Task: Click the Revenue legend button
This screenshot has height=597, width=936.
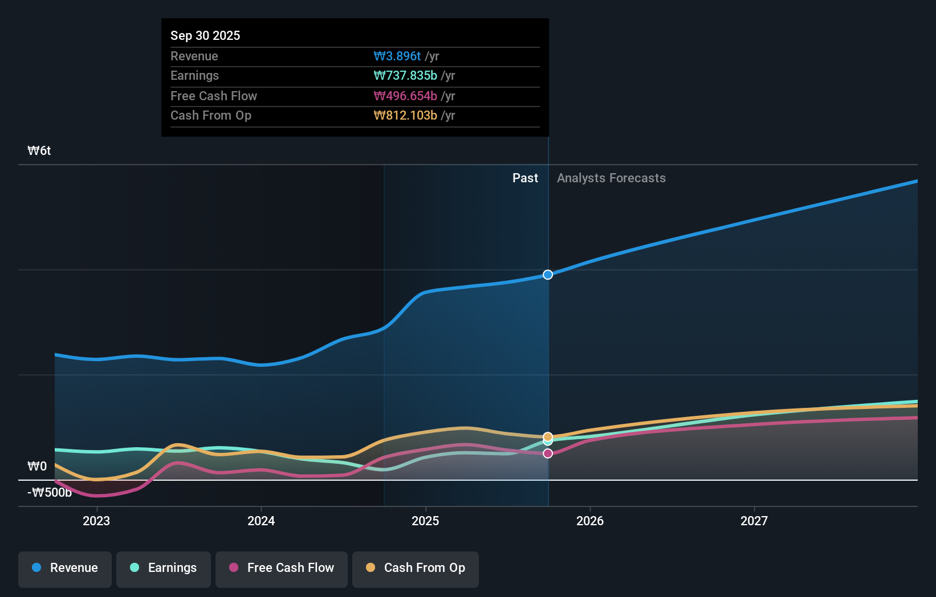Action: click(65, 568)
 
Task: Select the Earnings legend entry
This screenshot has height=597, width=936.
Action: click(164, 568)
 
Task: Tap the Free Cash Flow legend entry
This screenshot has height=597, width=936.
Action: click(282, 568)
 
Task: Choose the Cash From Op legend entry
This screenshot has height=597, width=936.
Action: click(416, 568)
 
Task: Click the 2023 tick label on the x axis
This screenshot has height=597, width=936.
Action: click(96, 521)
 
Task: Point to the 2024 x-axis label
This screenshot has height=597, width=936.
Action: click(261, 521)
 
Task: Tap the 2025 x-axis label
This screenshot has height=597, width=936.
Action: click(425, 521)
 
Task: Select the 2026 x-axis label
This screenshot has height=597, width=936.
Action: click(590, 521)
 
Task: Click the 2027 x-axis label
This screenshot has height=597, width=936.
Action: click(754, 521)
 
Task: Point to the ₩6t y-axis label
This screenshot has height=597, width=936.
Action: click(39, 151)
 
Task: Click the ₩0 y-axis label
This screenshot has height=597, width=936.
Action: click(37, 467)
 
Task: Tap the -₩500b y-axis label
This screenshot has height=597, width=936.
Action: click(50, 493)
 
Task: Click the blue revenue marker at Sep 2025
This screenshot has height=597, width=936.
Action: click(548, 275)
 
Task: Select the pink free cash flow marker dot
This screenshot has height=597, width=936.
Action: click(548, 453)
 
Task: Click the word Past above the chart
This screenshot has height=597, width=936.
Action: click(525, 178)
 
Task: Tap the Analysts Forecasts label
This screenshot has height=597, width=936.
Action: click(611, 178)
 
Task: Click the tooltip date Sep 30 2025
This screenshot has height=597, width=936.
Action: click(205, 35)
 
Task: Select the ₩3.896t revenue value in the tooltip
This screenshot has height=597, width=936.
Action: click(397, 56)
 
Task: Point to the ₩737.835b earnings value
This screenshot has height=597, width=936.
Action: click(405, 76)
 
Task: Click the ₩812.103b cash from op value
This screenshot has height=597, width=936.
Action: click(405, 116)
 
